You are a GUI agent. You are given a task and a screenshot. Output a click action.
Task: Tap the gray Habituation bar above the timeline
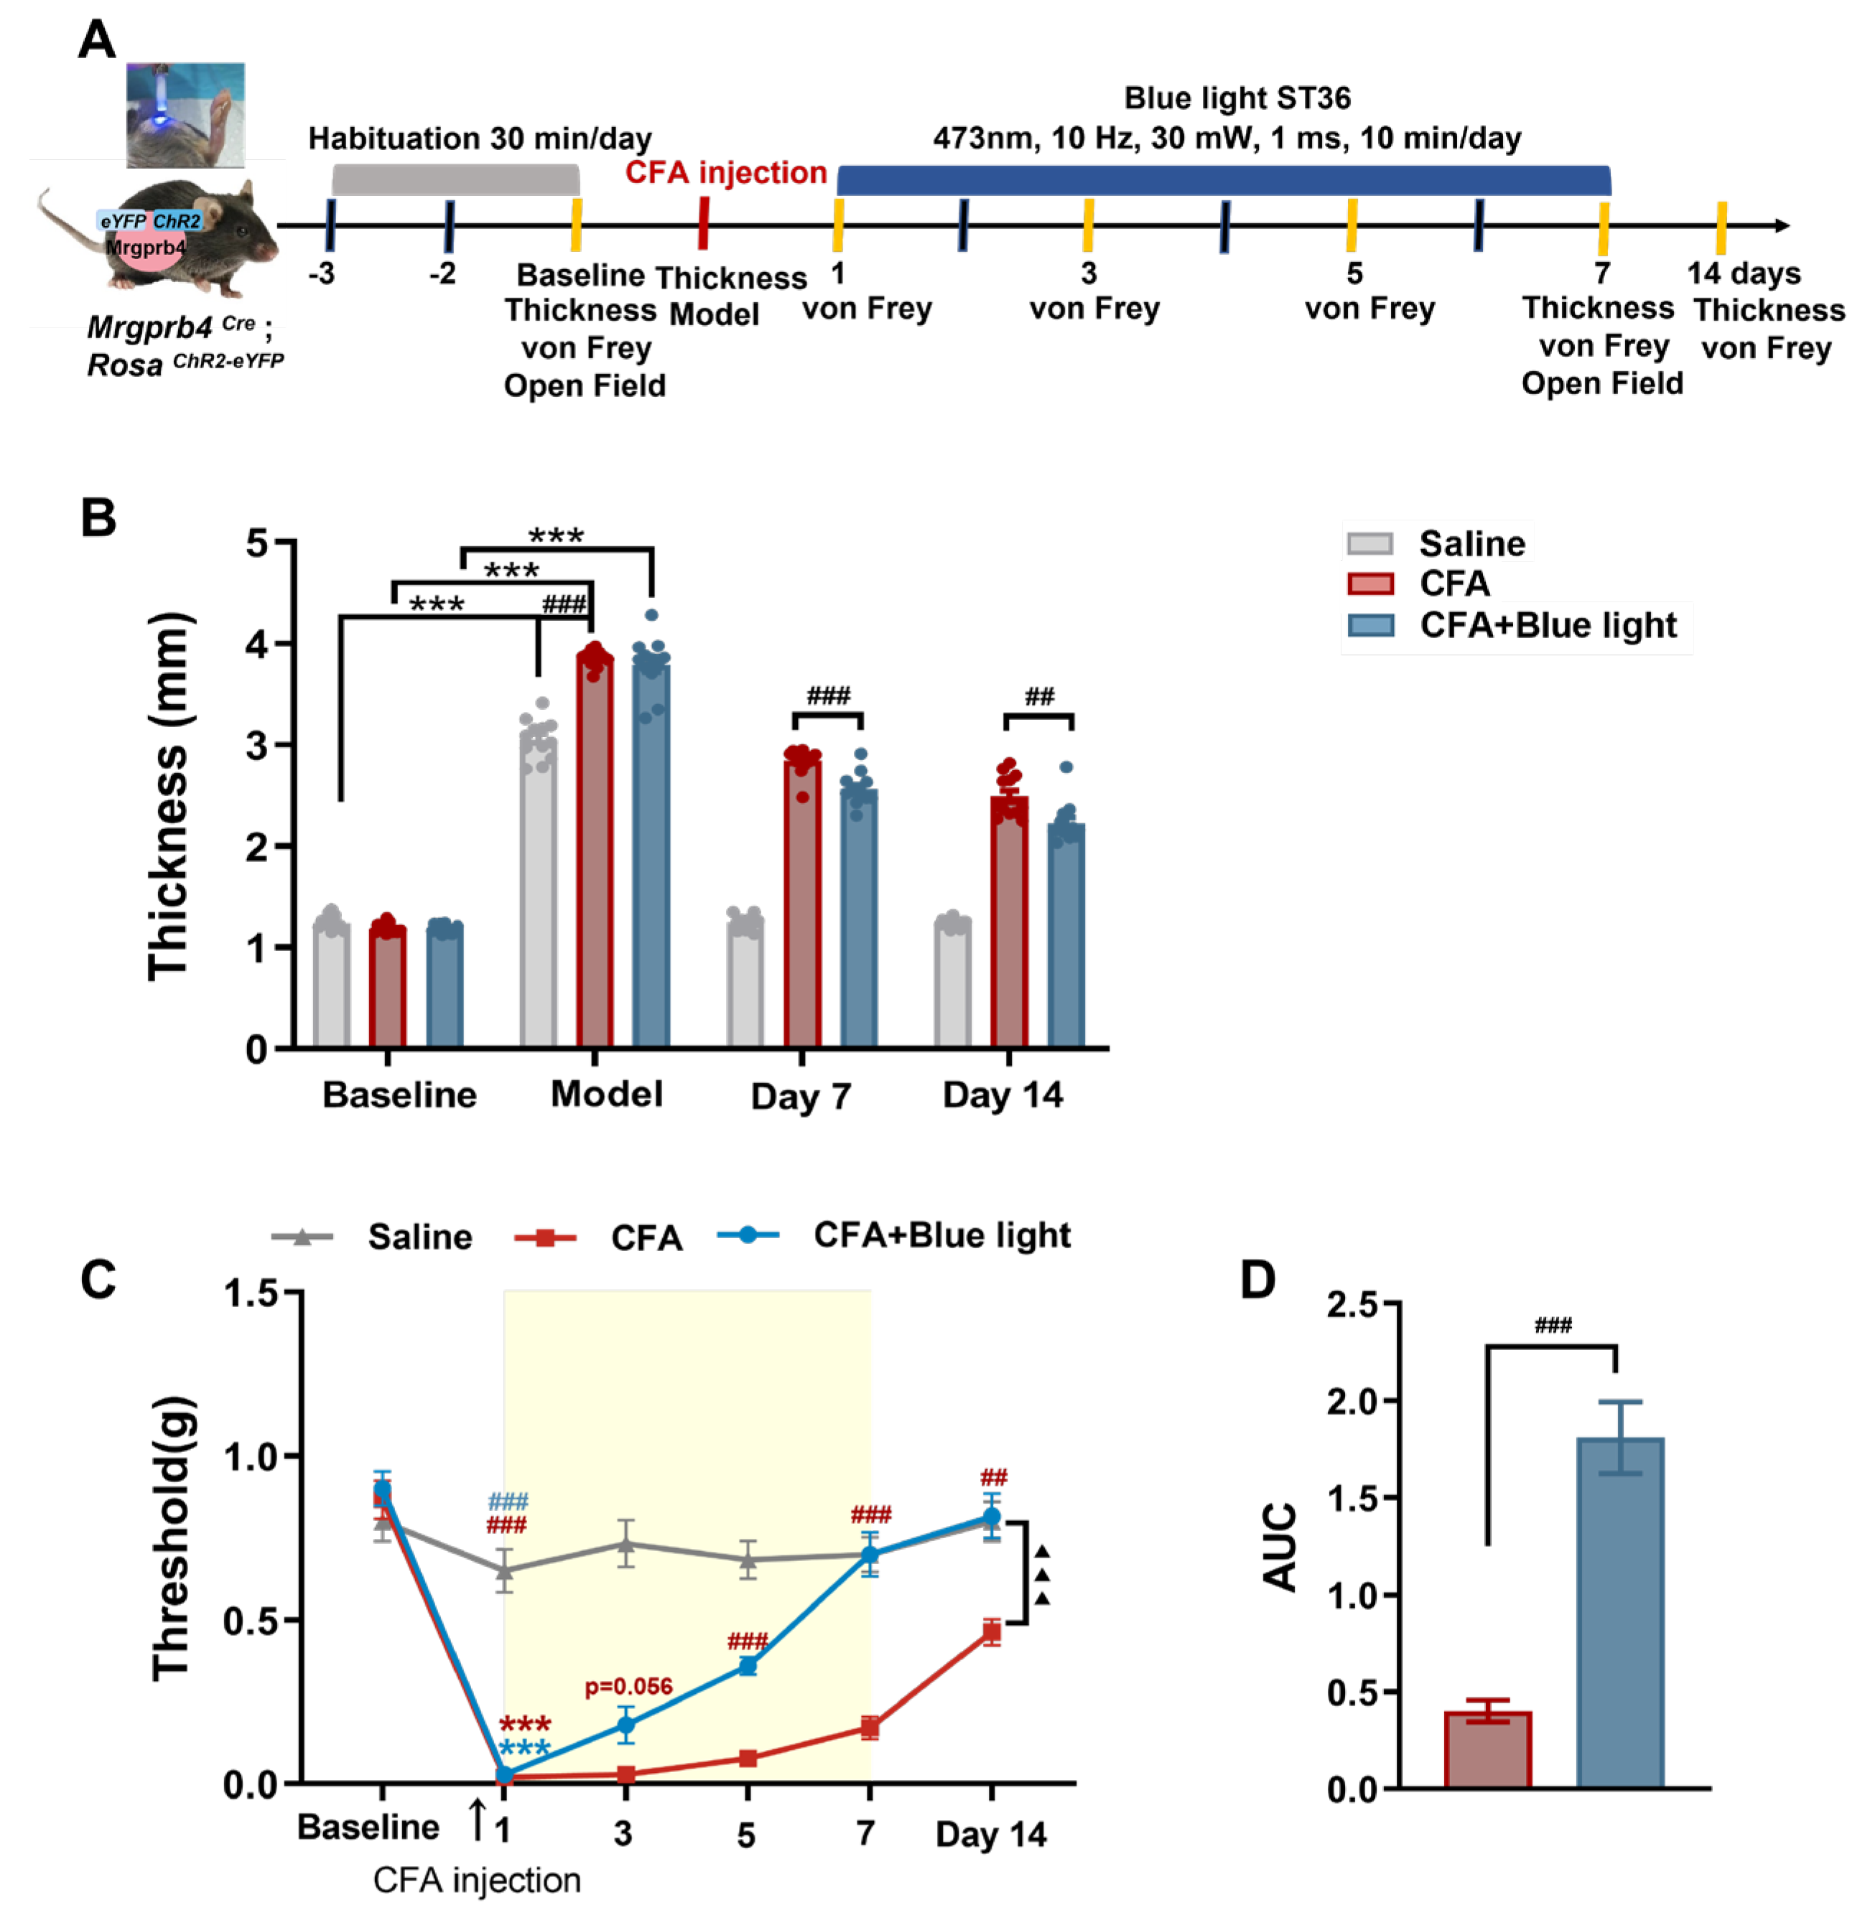coord(456,180)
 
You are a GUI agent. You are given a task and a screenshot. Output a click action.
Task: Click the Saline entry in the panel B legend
coord(1470,543)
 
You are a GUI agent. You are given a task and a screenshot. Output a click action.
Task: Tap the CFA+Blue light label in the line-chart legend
coord(941,1235)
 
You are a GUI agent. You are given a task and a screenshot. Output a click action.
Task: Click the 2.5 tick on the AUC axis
coord(1352,1305)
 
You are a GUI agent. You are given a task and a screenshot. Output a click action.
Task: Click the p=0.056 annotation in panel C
coord(628,1686)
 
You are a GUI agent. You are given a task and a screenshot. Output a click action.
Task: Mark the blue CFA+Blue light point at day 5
coord(747,1665)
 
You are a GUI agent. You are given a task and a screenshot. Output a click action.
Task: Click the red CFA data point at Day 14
coord(992,1632)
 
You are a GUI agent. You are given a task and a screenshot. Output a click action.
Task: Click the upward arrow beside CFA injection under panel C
coord(478,1819)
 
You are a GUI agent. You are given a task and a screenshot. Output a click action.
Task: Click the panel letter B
coord(98,518)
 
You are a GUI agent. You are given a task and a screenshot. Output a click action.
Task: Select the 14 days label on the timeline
coord(1744,273)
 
